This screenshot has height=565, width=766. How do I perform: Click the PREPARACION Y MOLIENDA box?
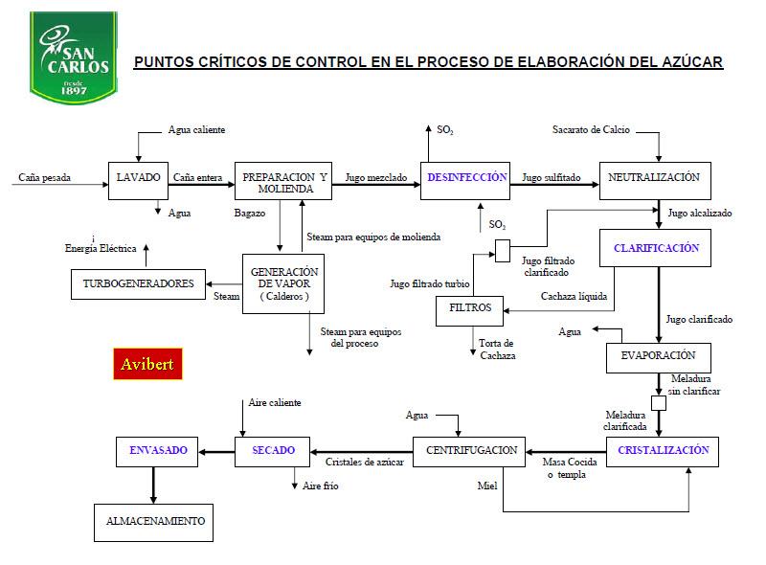[x=284, y=180]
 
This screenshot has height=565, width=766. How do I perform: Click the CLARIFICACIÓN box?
[x=656, y=249]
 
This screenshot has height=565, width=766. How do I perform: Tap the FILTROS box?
[x=469, y=309]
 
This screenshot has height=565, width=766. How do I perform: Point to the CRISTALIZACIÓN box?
[x=663, y=451]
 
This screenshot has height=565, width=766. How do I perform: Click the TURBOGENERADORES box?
[x=138, y=283]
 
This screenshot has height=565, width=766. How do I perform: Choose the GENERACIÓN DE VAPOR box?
[x=284, y=283]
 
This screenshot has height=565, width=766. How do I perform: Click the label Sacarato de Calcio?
[x=591, y=130]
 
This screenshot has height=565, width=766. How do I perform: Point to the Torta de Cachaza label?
[x=497, y=350]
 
